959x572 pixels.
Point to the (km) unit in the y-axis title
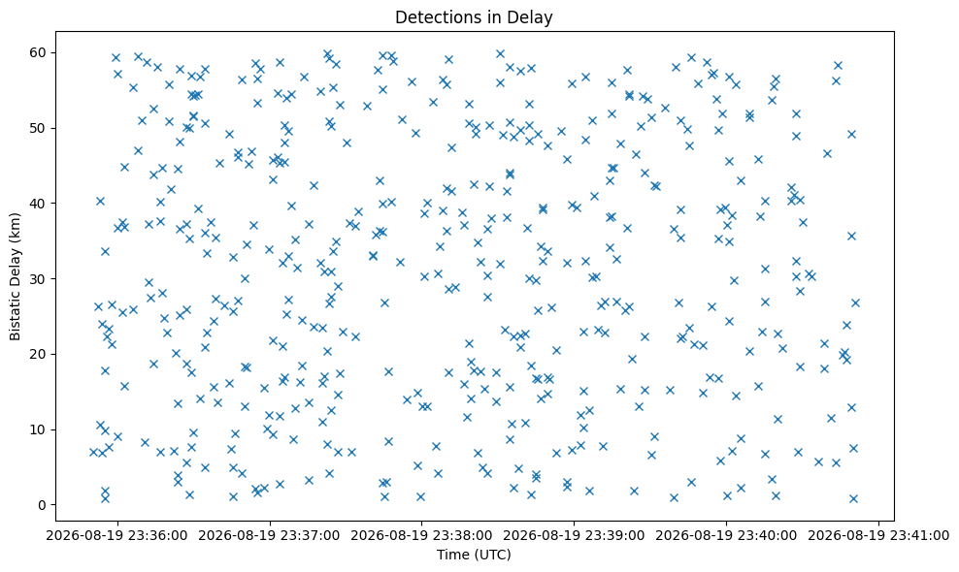pos(15,226)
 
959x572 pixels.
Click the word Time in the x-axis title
pos(449,555)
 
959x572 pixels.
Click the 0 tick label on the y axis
pos(43,505)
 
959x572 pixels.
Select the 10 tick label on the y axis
pos(39,429)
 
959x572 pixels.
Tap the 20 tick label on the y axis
pos(39,355)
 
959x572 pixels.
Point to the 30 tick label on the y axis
pos(39,278)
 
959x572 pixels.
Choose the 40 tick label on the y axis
pos(39,204)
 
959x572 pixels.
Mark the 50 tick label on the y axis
pos(39,128)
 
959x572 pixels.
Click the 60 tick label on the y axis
pos(39,52)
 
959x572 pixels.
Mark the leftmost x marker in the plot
pos(93,452)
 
